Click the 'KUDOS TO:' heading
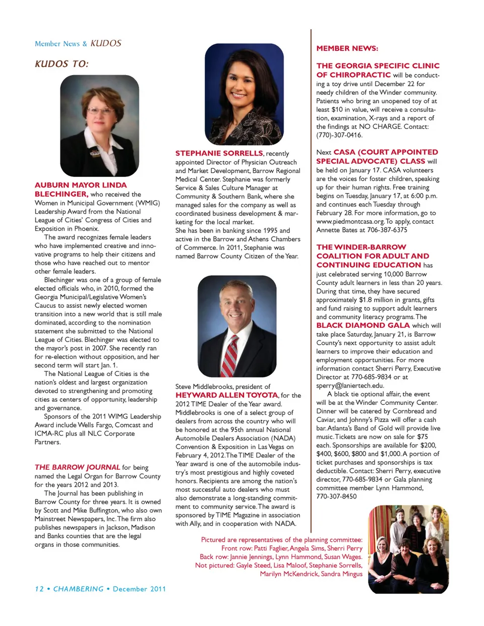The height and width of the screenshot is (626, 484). [62, 64]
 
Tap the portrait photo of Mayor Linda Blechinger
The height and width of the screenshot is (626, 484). [99, 126]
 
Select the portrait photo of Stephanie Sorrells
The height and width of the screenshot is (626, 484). [244, 94]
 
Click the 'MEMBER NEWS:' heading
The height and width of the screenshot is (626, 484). [347, 48]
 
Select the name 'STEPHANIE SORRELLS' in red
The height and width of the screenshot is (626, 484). [219, 153]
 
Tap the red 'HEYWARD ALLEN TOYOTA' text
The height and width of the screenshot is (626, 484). [226, 395]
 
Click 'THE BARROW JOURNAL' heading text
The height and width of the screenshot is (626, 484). [77, 467]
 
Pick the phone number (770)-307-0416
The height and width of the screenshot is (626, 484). [339, 135]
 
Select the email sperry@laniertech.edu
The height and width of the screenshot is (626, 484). [350, 386]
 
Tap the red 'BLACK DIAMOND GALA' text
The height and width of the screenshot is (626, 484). [363, 326]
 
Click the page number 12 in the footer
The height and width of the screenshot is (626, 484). [39, 589]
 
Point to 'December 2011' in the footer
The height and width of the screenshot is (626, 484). [139, 589]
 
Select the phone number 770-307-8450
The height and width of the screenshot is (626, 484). [336, 496]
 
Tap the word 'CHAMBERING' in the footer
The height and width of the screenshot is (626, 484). [78, 589]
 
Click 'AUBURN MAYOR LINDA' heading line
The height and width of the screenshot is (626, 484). [81, 185]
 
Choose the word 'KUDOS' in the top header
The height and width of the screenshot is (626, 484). [106, 43]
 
